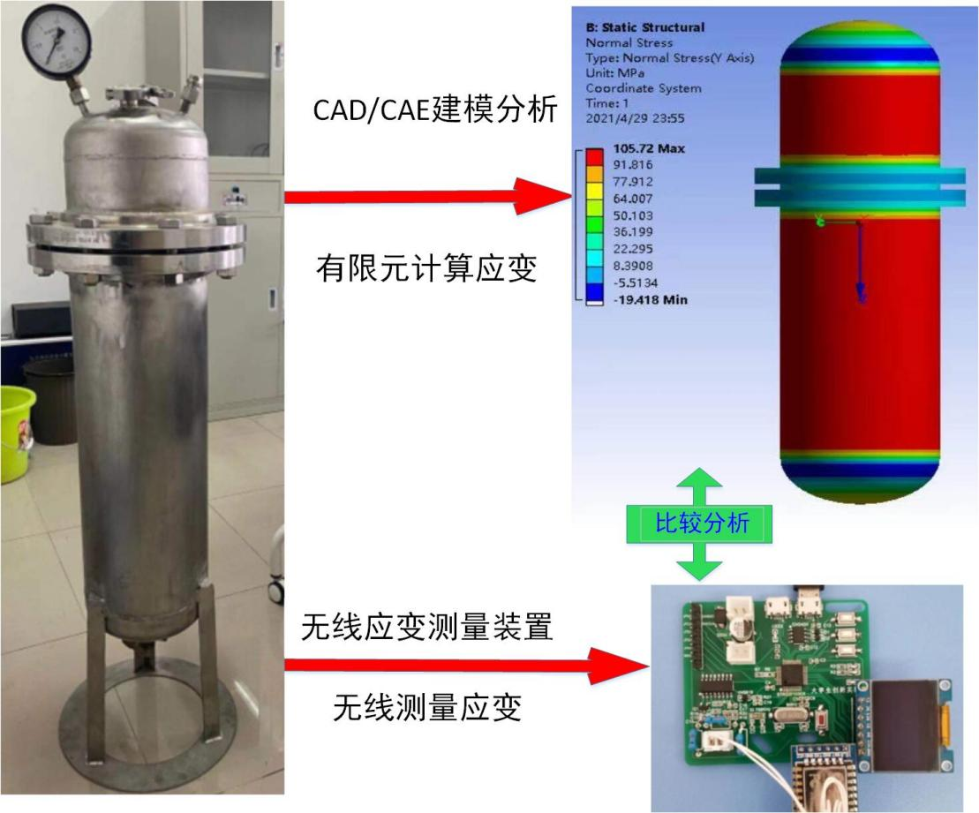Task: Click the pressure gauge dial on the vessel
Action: [x=57, y=41]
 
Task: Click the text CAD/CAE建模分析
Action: [x=436, y=110]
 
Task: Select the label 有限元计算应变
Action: [x=426, y=268]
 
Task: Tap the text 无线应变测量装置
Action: [x=426, y=628]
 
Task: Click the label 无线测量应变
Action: [x=426, y=706]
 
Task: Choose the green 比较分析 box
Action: [x=701, y=524]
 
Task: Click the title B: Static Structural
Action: [x=645, y=27]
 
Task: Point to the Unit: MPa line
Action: [x=618, y=73]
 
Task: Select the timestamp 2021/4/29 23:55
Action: [x=640, y=118]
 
